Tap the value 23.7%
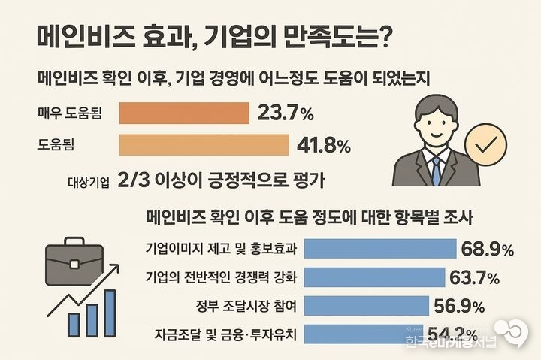286,114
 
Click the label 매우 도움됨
70,114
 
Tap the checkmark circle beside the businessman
485,144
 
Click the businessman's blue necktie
436,169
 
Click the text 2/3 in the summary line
133,180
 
